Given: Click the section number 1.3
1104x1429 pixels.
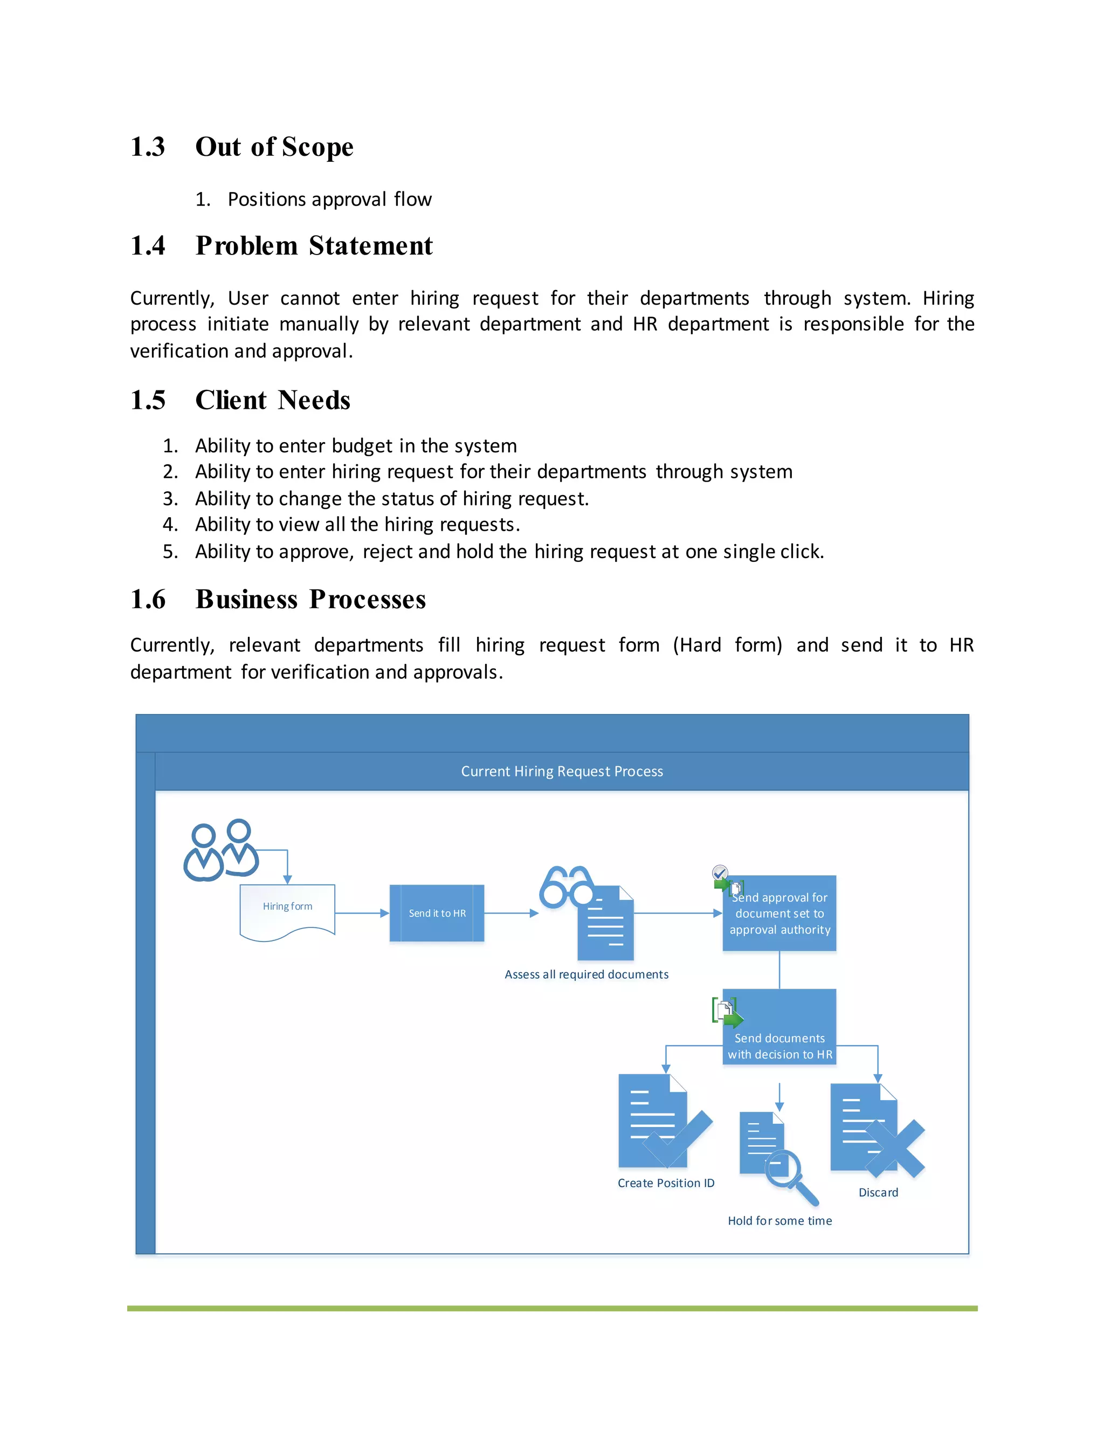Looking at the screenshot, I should (148, 147).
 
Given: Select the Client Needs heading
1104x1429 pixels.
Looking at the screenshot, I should (273, 401).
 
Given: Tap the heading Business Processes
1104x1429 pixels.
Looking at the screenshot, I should (310, 599).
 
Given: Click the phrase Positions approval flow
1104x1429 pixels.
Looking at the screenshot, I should (329, 200).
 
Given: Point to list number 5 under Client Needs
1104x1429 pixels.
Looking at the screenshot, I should (170, 552).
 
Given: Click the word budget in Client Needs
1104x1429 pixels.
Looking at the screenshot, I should (362, 446).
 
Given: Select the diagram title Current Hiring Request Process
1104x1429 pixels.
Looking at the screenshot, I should (562, 772).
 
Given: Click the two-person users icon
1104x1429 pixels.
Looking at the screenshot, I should (220, 850).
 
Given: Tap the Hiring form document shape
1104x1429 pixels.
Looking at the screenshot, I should (288, 911).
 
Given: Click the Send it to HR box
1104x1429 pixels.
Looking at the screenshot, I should (437, 913).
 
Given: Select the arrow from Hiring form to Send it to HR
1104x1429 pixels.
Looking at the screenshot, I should (362, 913).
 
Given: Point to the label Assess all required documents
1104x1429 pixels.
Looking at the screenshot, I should (586, 974).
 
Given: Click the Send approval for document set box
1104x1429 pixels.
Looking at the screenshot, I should (779, 914).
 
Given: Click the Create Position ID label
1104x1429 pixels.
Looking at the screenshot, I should (666, 1183).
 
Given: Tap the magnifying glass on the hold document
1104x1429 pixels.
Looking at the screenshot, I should (790, 1176).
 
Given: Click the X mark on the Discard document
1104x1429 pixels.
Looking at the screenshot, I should (895, 1148).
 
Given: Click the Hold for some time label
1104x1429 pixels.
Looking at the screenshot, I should (779, 1221).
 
